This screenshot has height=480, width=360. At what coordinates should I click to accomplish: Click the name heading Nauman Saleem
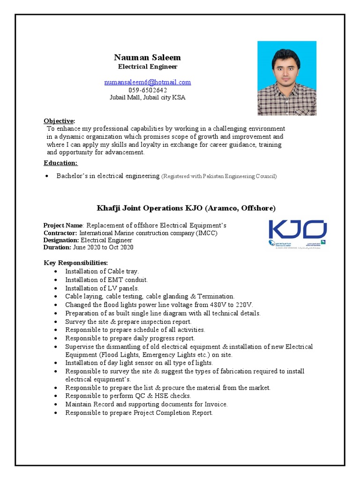click(147, 57)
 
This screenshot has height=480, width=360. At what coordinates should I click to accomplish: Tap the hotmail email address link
click(147, 82)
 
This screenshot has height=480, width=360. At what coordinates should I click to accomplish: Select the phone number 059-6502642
click(147, 90)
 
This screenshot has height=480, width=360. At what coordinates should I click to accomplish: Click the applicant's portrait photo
click(286, 78)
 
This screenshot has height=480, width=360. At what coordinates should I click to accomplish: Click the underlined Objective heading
click(59, 121)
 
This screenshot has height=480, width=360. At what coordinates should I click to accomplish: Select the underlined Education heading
click(60, 163)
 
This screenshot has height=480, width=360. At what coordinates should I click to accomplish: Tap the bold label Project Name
click(63, 225)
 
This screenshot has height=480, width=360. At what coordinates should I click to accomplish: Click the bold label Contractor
click(60, 233)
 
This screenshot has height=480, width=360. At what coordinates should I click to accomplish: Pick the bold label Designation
click(61, 240)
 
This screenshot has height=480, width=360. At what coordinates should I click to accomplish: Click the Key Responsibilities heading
click(75, 262)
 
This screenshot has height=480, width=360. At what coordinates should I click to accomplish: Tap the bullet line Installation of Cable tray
click(102, 271)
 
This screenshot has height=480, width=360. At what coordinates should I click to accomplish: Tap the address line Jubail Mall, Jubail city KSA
click(147, 97)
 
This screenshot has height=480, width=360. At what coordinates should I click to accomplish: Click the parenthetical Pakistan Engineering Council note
click(219, 176)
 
